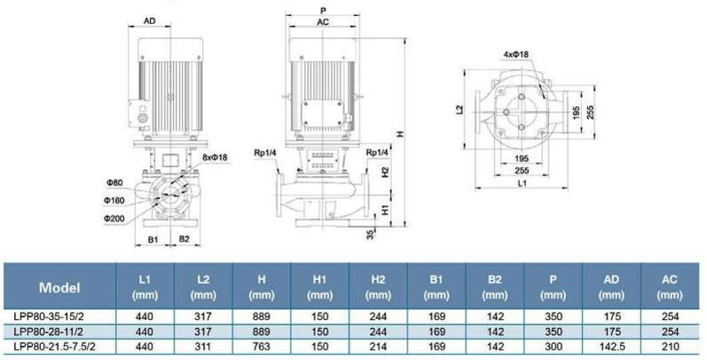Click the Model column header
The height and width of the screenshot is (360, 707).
pos(59,287)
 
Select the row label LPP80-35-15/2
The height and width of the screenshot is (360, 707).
pos(49,317)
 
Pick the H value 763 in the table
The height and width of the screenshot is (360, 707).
pos(262,347)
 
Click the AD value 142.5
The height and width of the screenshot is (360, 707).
pos(611,347)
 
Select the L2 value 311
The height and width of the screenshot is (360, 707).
pos(203,347)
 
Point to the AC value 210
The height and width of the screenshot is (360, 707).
pos(670,347)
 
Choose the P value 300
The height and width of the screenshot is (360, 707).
pos(554,347)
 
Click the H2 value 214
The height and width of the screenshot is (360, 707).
pos(378,347)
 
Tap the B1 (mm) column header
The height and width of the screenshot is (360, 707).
pos(436,287)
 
